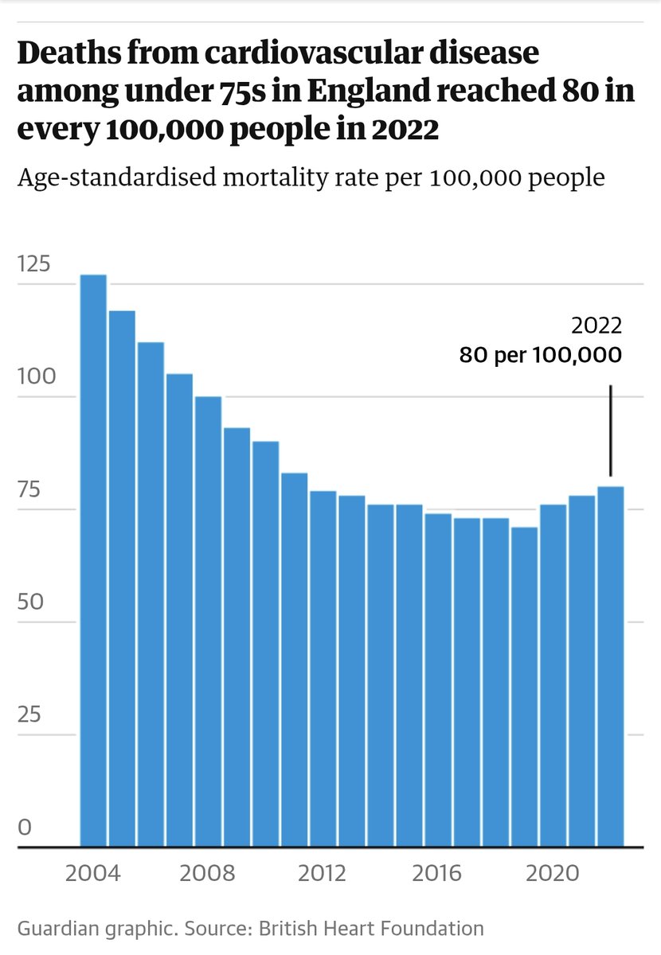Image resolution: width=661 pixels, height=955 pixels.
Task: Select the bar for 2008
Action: pos(208,622)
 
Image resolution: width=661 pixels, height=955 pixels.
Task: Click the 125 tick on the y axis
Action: pos(33,263)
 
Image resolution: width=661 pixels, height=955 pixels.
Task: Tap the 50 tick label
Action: pos(29,602)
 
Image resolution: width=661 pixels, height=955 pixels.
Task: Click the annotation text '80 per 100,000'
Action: pos(540,355)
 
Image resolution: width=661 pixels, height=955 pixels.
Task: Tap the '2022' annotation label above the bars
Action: pos(596,326)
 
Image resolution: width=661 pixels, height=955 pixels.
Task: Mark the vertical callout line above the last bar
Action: pos(610,430)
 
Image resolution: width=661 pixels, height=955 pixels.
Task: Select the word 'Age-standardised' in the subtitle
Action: pos(102,177)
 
